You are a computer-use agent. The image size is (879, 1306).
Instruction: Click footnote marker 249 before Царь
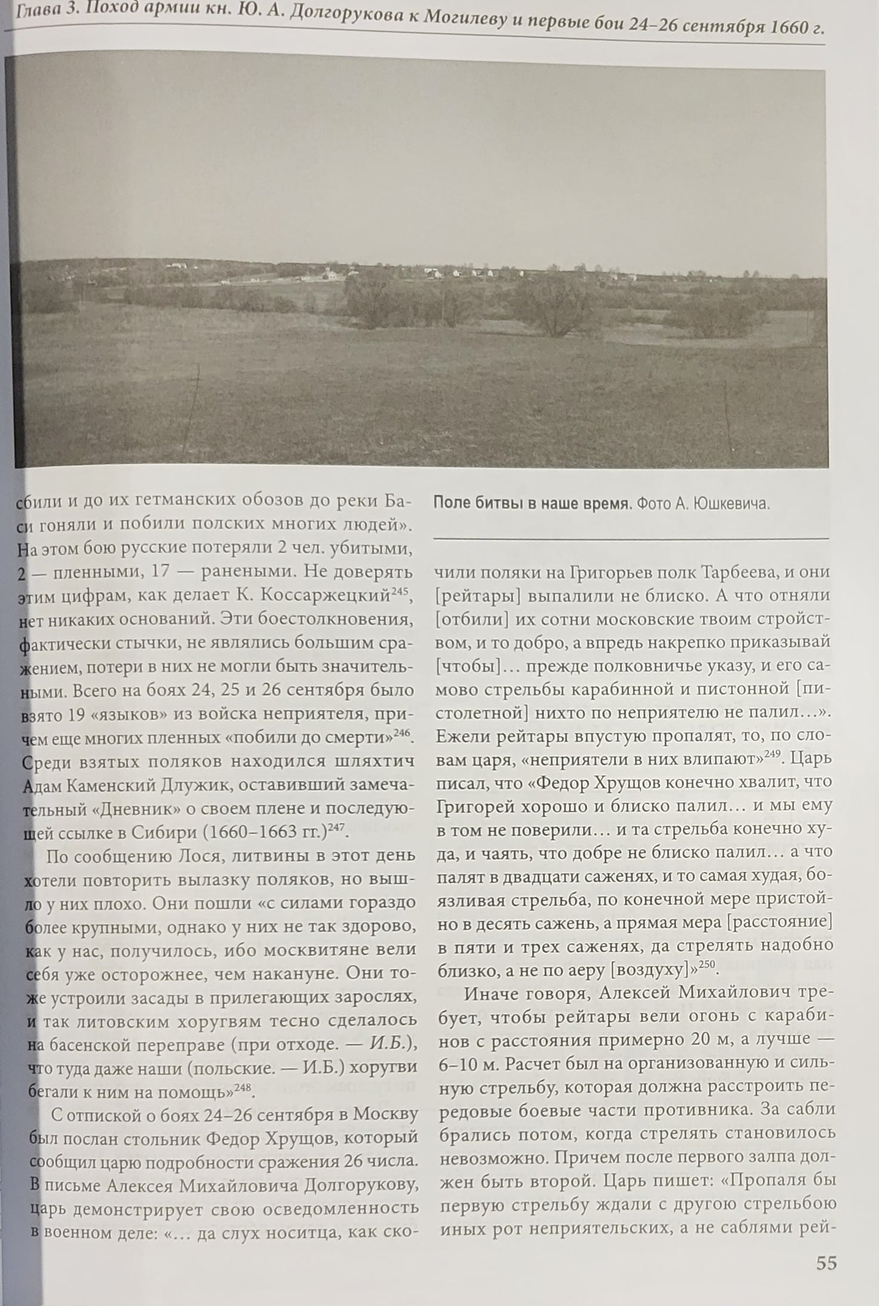coord(773,754)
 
